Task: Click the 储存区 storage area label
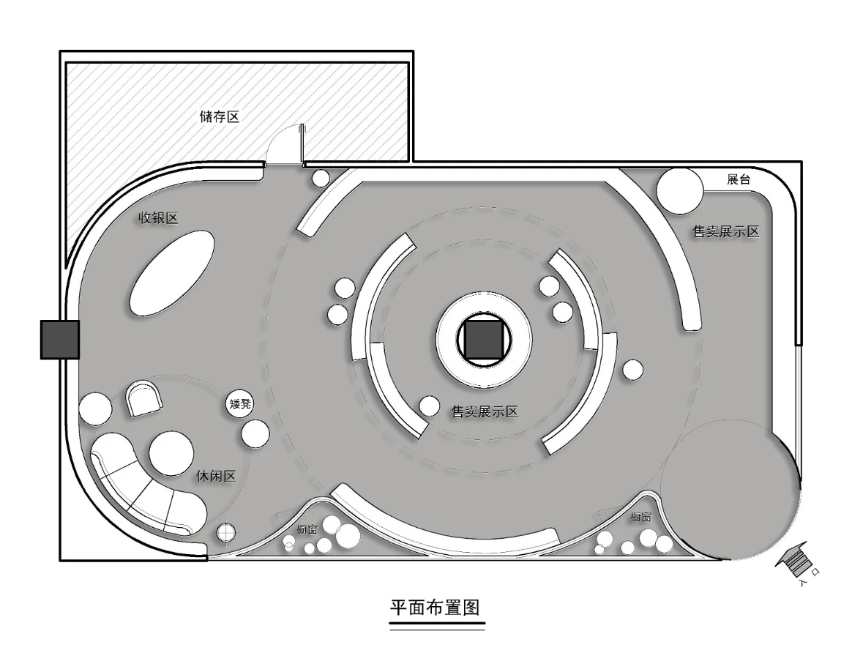(x=220, y=116)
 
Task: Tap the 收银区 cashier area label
(x=158, y=218)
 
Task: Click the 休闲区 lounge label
(x=216, y=477)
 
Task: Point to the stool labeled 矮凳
(x=240, y=403)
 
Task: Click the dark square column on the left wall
(x=60, y=340)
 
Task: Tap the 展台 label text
(x=739, y=179)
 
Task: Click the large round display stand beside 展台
(x=680, y=191)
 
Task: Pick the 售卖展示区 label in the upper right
(x=726, y=232)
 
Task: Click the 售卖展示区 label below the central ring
(x=485, y=412)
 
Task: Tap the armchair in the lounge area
(x=144, y=398)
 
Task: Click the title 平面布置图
(x=436, y=607)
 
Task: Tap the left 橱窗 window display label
(x=307, y=529)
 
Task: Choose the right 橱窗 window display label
(x=640, y=517)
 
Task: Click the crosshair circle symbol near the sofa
(x=225, y=532)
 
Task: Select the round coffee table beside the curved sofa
(x=171, y=454)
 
